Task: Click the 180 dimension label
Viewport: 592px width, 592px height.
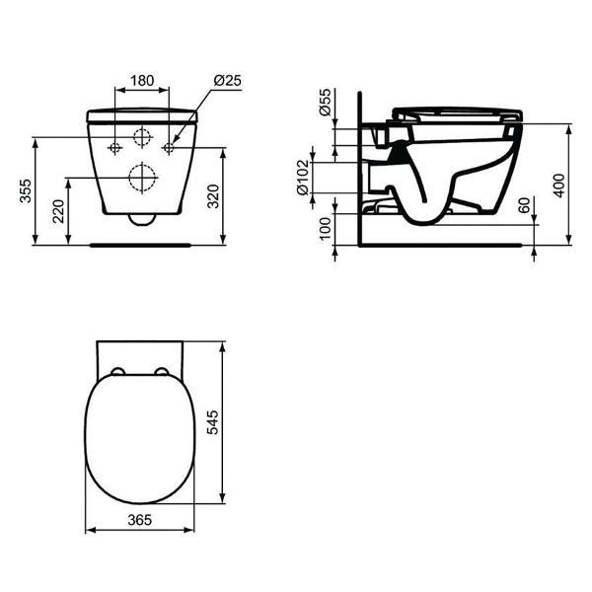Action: (x=142, y=81)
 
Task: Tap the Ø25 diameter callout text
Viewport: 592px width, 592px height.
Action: (x=227, y=81)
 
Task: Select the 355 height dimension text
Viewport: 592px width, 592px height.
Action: (x=26, y=191)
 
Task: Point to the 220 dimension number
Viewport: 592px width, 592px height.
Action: (x=58, y=211)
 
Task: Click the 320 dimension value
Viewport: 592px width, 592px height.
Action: (x=213, y=196)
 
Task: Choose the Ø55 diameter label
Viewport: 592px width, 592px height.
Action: (x=325, y=103)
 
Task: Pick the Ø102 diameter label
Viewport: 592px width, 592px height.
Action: (x=303, y=178)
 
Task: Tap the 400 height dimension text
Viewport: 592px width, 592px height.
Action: (x=559, y=185)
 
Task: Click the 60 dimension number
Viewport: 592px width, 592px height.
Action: (x=524, y=205)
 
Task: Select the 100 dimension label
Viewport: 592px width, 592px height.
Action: (x=325, y=229)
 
